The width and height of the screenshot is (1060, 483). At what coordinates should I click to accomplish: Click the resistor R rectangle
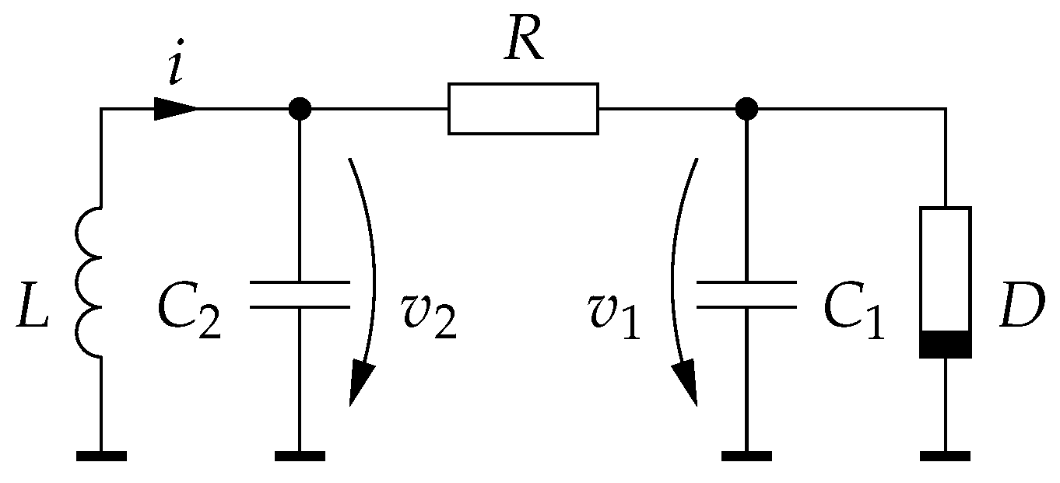523,109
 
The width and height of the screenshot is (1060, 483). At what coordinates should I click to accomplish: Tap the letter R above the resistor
523,44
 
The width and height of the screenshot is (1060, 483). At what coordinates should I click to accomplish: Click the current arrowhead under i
176,109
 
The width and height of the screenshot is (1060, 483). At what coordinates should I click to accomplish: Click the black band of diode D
945,344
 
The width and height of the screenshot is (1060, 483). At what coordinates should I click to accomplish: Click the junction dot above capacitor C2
300,109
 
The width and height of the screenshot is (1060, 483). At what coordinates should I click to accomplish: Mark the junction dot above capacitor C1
746,109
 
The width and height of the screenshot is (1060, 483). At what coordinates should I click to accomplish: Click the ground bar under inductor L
101,456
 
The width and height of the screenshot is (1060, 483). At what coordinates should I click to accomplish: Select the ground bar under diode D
945,456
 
